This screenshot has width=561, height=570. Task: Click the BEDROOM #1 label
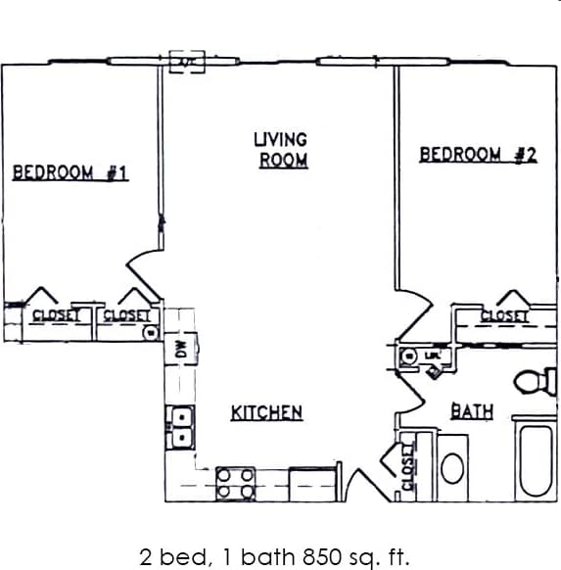70,173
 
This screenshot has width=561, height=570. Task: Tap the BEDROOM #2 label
478,154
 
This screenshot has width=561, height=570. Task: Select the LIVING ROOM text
281,150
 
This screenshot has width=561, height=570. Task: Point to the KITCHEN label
266,412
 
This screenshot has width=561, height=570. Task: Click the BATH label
471,411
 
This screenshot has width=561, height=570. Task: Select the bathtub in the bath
537,460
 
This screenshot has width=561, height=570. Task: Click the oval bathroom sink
452,467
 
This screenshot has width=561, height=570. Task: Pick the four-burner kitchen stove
235,481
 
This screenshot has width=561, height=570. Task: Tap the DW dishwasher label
181,349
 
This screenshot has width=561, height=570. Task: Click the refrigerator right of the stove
312,483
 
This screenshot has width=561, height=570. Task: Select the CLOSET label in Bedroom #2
504,315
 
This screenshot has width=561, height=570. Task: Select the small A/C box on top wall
185,61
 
